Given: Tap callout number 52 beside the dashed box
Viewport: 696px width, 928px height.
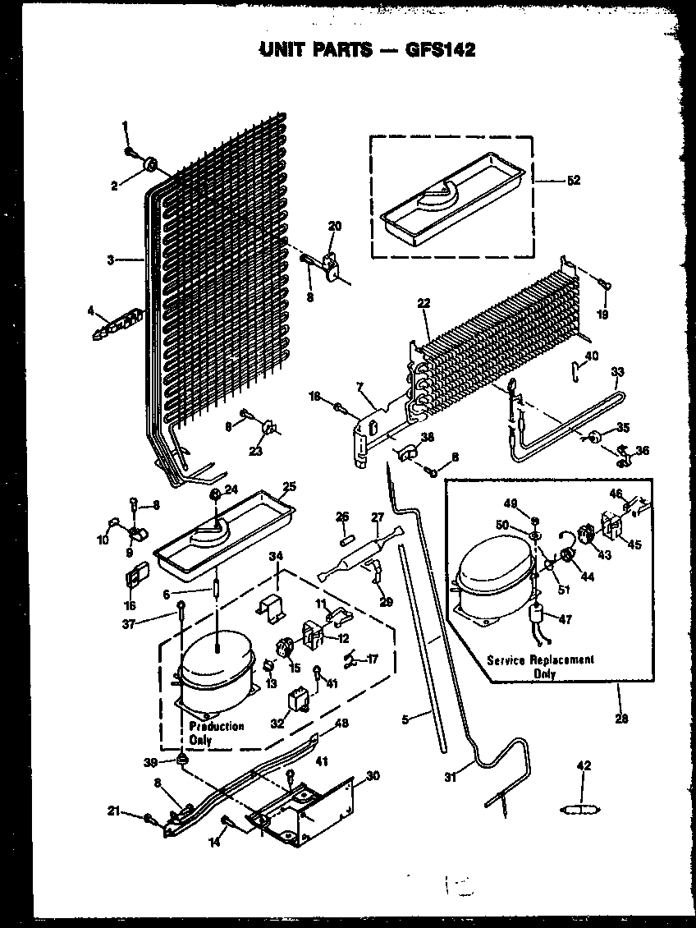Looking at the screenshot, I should (x=573, y=181).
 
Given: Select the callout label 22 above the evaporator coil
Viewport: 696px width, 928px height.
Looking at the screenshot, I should (x=424, y=304).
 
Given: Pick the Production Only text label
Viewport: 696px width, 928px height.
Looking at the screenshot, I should (x=216, y=733).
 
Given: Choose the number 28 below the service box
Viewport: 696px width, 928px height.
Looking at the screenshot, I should (x=621, y=719).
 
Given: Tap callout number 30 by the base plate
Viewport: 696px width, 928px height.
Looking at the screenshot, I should (x=373, y=775).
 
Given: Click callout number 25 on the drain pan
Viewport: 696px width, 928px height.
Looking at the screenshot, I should (x=287, y=487).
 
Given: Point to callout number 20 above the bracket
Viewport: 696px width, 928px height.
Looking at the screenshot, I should (x=335, y=226).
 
